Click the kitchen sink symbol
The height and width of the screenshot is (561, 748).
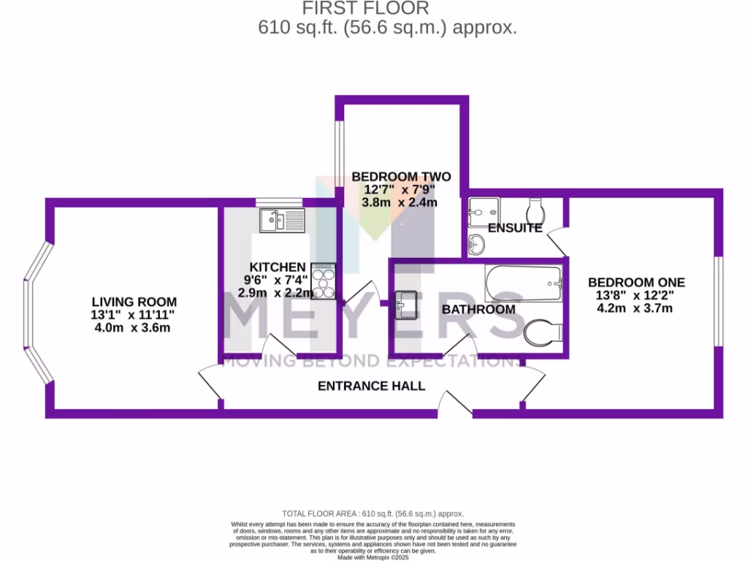(281, 219)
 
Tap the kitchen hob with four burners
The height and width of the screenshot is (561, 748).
(324, 281)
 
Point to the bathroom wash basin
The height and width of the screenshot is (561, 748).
(406, 305)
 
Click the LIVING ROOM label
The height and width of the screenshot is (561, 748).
(134, 302)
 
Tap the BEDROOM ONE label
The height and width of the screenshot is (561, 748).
(636, 283)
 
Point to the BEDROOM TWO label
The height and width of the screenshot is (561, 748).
(401, 177)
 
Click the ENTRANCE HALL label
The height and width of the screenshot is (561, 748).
(371, 386)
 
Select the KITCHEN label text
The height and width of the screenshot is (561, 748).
(277, 267)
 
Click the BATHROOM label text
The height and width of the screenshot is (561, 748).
(478, 310)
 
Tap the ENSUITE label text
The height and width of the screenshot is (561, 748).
(514, 228)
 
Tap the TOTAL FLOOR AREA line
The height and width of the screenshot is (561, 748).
(373, 514)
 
